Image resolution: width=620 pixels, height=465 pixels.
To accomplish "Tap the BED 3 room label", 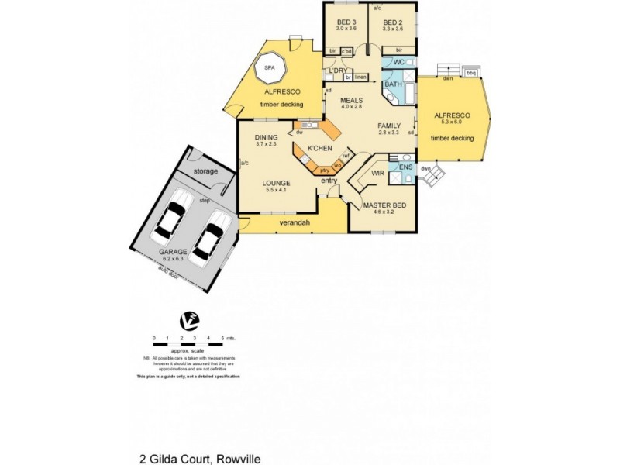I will (x=346, y=22).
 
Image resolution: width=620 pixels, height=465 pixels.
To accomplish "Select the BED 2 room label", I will (x=393, y=22).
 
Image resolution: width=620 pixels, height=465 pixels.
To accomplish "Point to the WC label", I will (x=398, y=61).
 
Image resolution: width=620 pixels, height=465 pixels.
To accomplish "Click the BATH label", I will (x=393, y=84).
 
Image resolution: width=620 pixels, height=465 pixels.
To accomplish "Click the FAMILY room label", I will (x=390, y=126).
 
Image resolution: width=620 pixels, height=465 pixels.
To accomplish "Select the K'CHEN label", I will (x=320, y=147).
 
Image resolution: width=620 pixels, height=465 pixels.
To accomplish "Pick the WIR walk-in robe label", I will (x=378, y=174).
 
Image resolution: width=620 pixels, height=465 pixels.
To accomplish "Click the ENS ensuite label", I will (x=405, y=167).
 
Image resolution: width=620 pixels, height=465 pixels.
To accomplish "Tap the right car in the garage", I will (x=209, y=238).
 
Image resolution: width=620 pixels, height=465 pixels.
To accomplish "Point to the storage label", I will (x=205, y=170).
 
